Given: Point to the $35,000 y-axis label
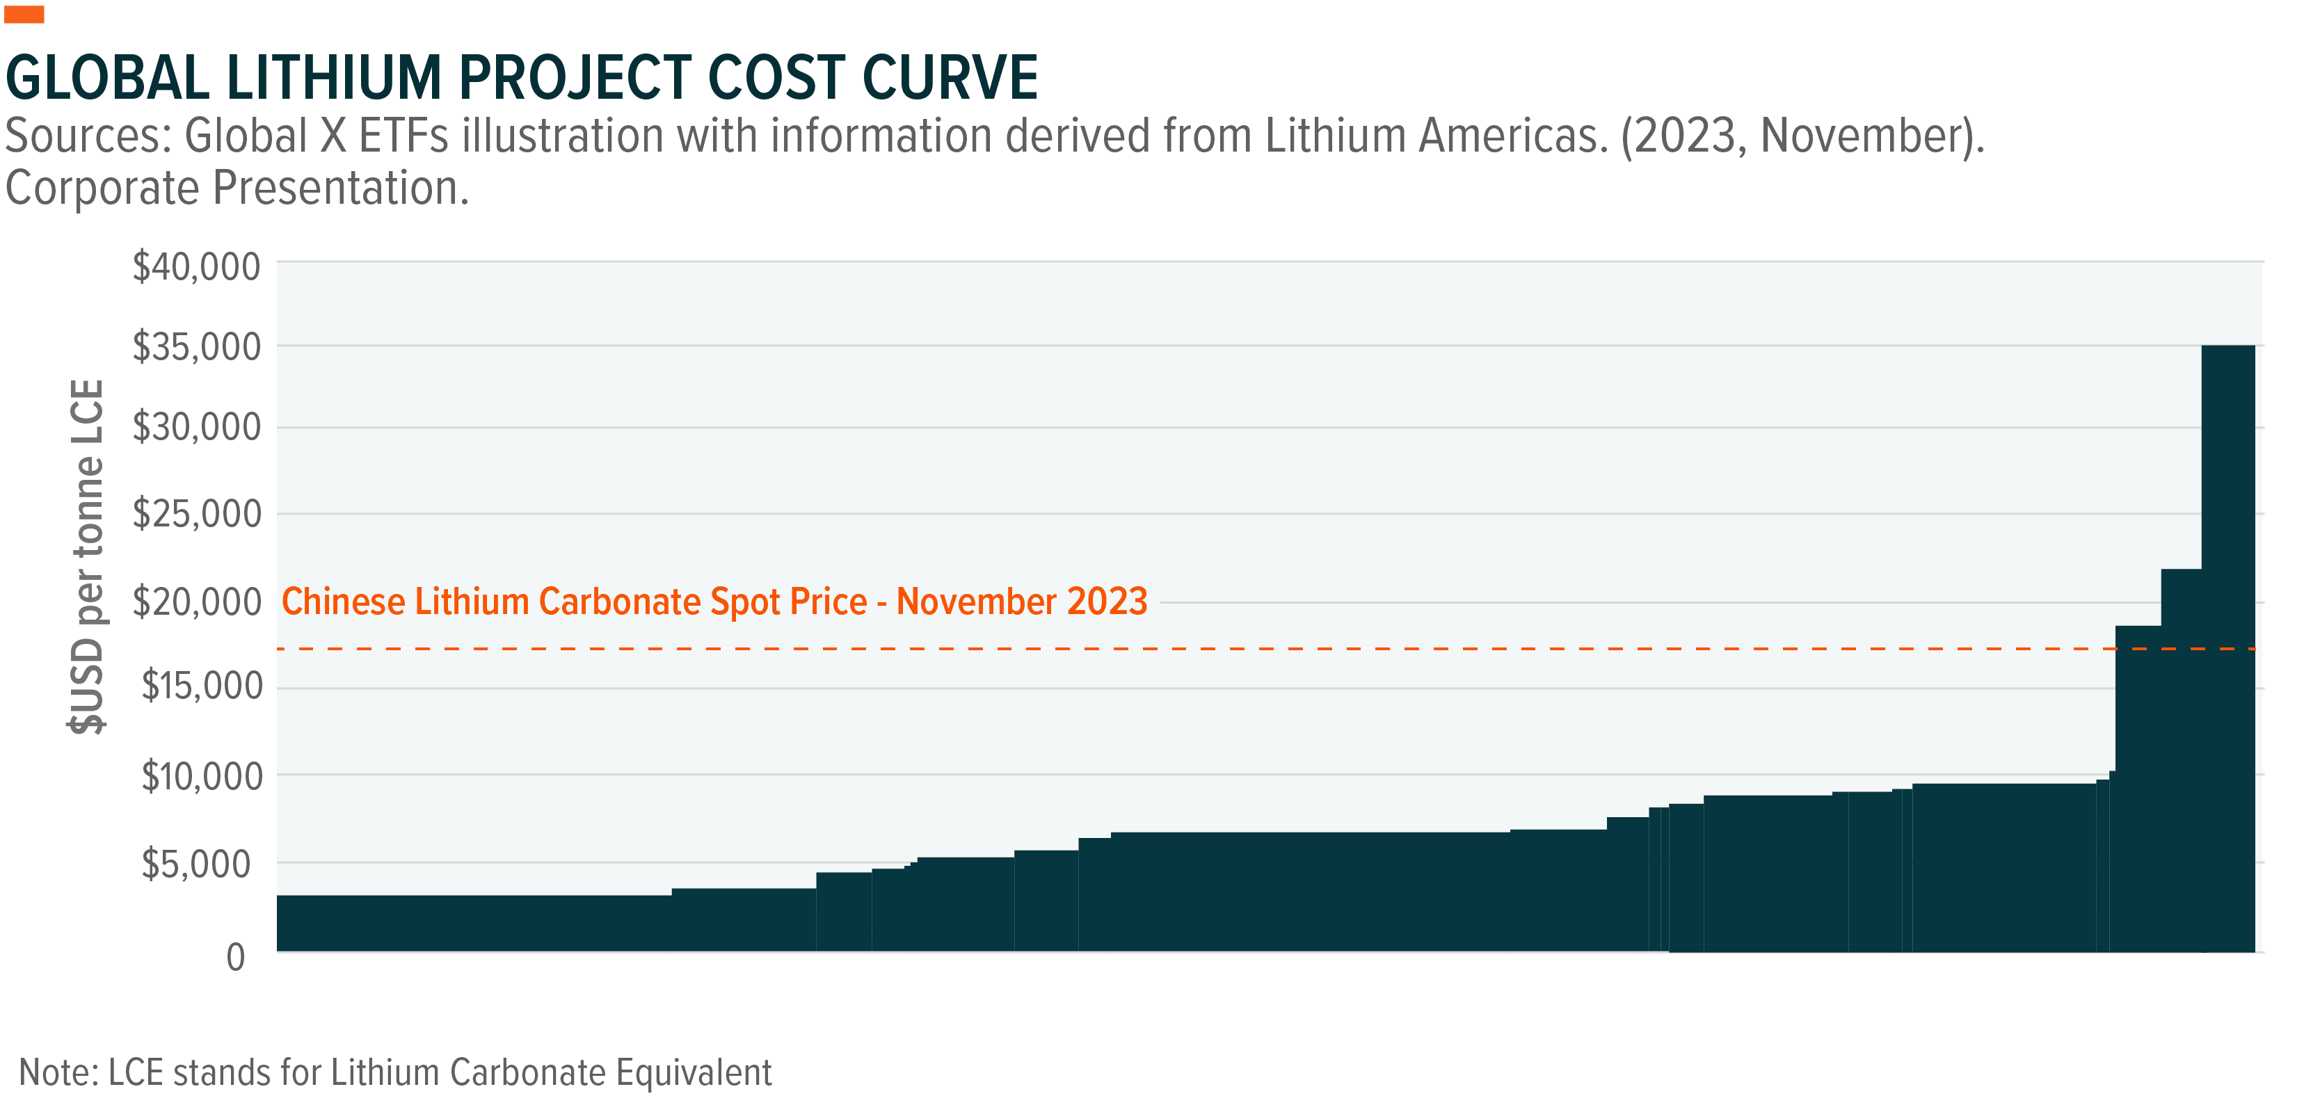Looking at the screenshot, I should [x=196, y=346].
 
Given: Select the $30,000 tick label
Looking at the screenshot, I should [x=196, y=427].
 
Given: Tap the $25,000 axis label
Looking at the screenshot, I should [x=196, y=513].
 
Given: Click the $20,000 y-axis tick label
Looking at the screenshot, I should [x=196, y=602].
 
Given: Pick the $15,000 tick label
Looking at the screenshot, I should [x=202, y=686].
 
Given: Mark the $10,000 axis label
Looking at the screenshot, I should [x=202, y=776].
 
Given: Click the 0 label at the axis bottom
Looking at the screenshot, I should [x=236, y=957].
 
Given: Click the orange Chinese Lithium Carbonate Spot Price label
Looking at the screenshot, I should [x=714, y=602].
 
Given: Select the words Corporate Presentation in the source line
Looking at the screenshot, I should [x=237, y=188].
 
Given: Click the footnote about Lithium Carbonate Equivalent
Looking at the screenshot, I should [x=394, y=1072].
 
